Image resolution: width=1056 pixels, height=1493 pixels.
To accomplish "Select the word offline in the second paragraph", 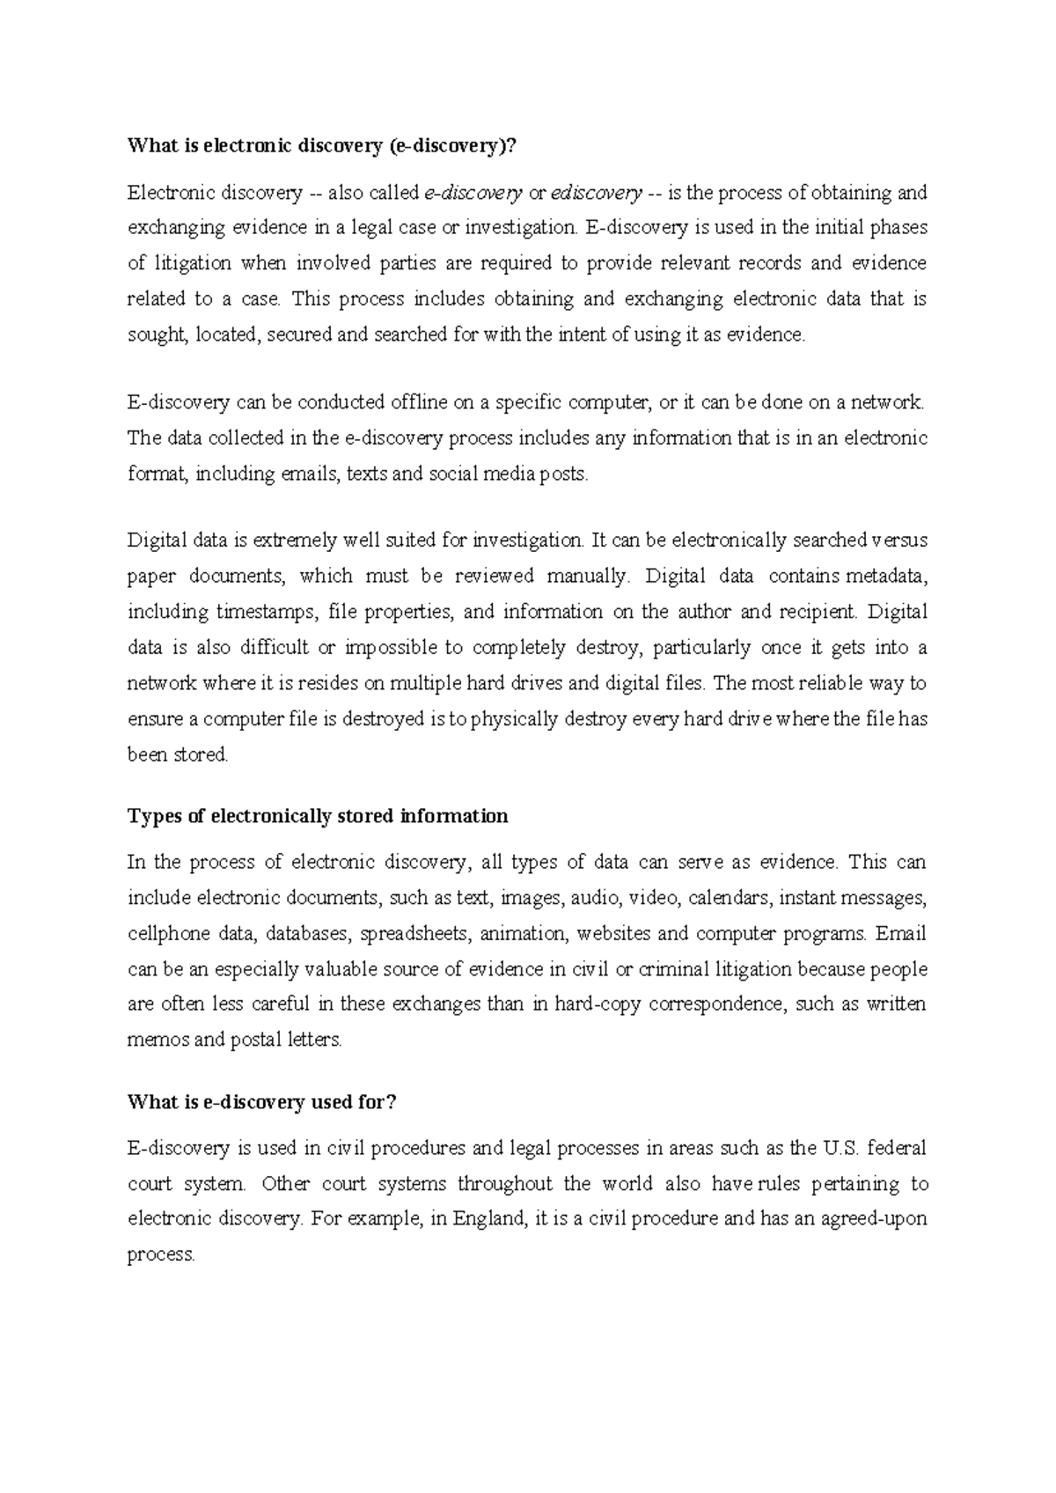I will (419, 402).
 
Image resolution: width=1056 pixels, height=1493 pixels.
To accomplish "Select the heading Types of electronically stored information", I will (318, 816).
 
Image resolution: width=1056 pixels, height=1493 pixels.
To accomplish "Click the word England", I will (489, 1219).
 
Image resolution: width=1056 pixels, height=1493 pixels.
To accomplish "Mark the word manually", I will (589, 577).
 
